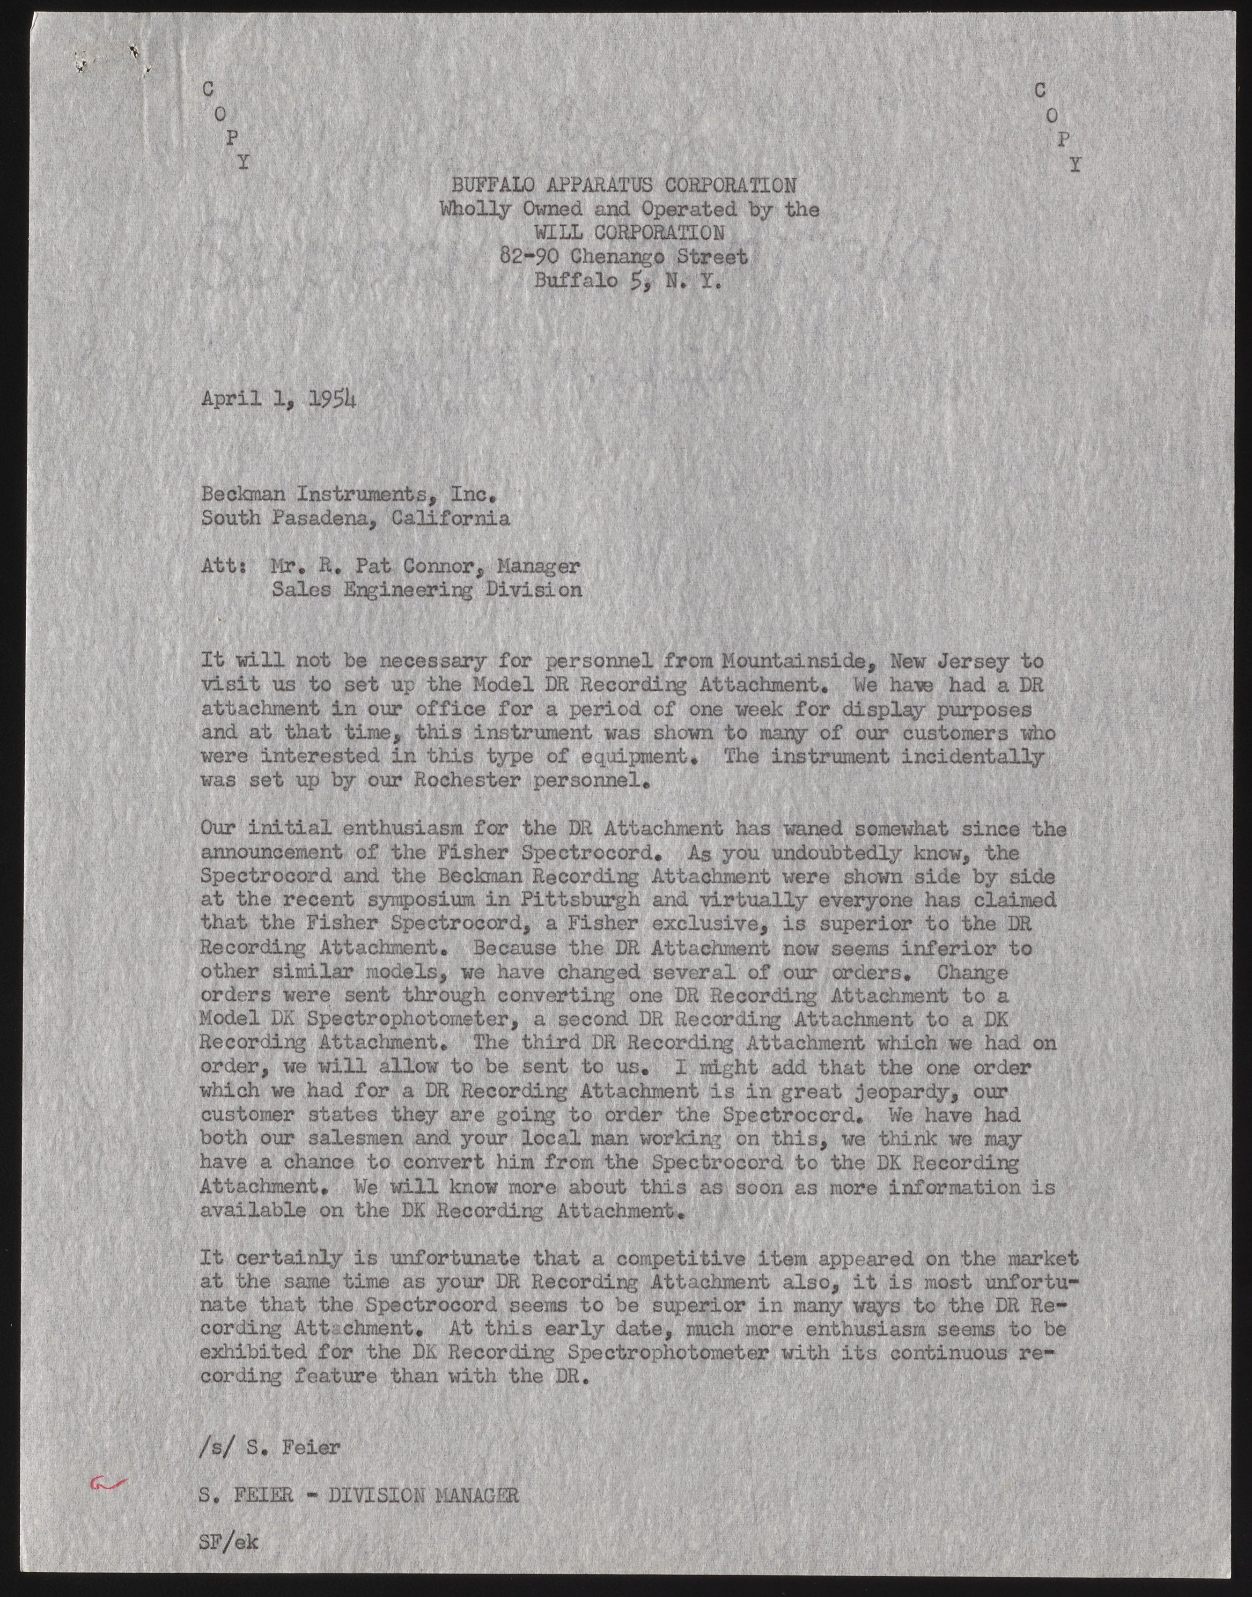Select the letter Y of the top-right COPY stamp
1074,166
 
